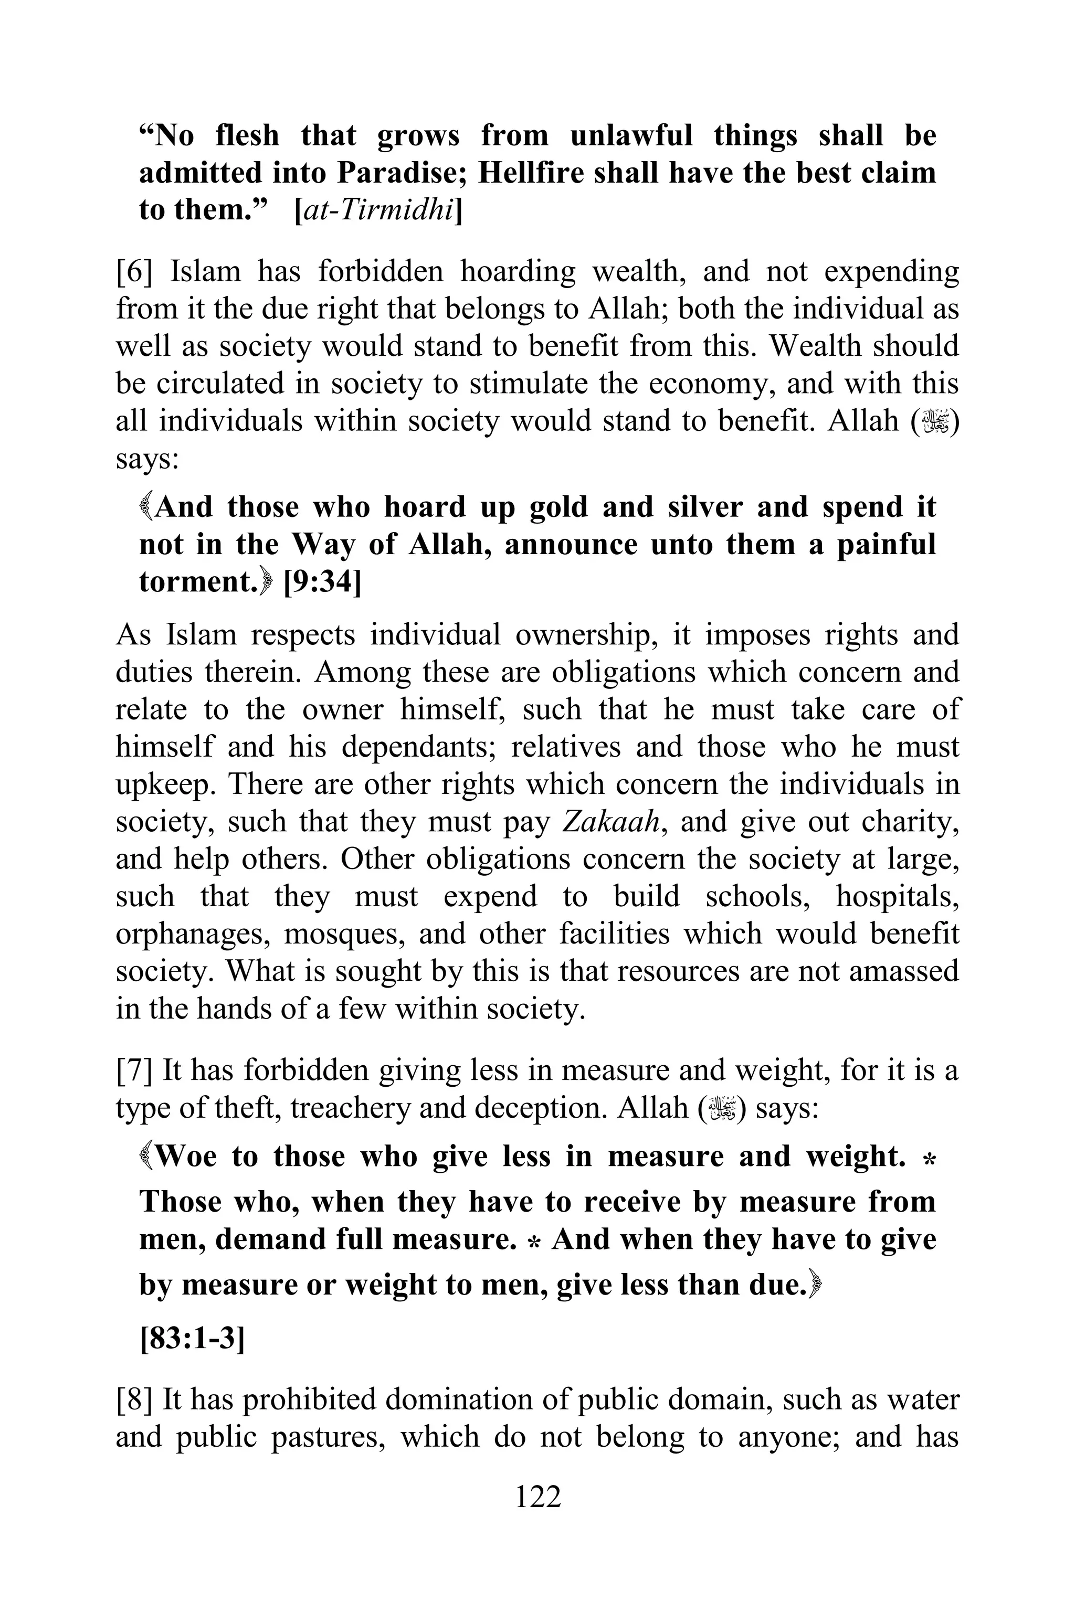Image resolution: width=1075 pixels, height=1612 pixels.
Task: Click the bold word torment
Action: pos(195,582)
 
